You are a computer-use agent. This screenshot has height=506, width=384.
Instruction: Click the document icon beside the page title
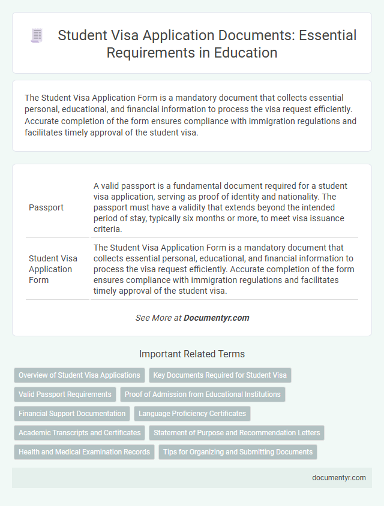[x=36, y=36]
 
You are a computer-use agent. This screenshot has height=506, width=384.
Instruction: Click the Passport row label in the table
[x=46, y=207]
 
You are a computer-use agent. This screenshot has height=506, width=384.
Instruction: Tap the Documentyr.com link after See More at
[x=217, y=318]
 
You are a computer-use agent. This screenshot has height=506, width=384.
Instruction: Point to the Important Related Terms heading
[x=192, y=354]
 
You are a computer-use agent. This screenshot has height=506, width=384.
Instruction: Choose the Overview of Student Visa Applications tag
[x=79, y=375]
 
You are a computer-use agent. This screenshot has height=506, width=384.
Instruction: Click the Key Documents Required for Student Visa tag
[x=220, y=375]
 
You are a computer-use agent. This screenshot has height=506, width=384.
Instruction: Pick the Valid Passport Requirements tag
[x=65, y=394]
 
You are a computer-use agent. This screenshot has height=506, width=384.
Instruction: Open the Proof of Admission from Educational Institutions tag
[x=203, y=394]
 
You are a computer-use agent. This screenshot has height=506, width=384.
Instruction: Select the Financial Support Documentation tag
[x=72, y=413]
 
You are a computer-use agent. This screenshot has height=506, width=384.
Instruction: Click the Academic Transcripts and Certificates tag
[x=80, y=432]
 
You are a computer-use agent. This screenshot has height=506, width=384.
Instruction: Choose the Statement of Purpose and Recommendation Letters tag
[x=236, y=432]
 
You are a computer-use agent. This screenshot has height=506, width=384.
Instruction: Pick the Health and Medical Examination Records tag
[x=84, y=451]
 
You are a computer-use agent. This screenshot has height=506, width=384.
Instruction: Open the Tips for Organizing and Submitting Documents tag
[x=238, y=451]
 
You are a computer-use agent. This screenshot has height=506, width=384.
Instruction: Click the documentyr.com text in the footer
[x=339, y=478]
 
